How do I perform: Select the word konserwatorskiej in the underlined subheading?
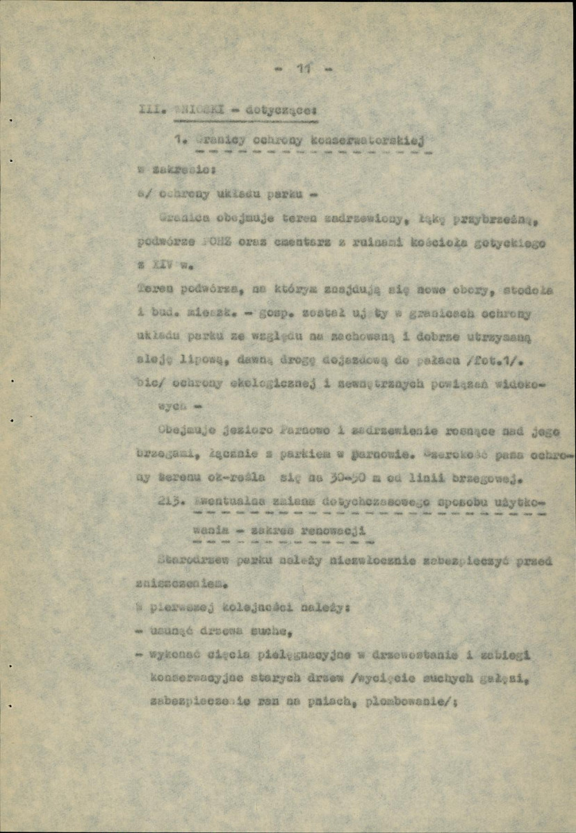pyautogui.click(x=381, y=141)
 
